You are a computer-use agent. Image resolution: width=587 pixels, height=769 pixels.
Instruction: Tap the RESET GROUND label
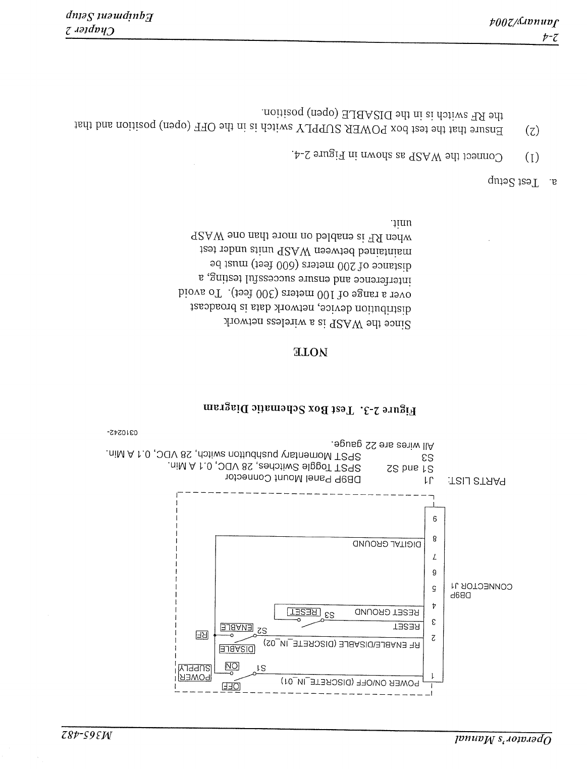click(x=387, y=612)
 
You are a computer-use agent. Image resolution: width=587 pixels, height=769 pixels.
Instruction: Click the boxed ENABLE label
click(x=236, y=627)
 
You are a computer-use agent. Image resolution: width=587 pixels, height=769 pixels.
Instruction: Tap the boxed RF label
click(x=202, y=635)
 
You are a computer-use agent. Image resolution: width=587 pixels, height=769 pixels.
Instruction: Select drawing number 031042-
click(x=123, y=432)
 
